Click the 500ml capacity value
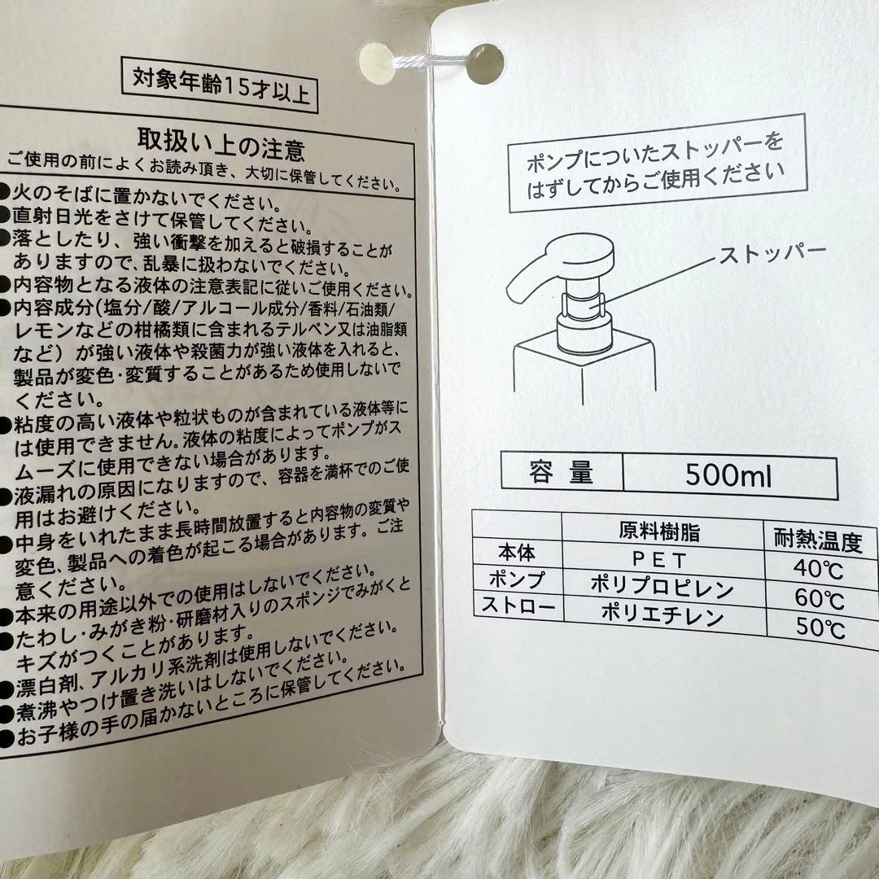pos(728,474)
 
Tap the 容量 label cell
pos(561,471)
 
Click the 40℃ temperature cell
pos(819,568)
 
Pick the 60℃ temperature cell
pos(820,599)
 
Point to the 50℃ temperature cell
pos(820,628)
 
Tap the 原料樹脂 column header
pos(659,531)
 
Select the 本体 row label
pos(516,553)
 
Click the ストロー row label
pos(518,606)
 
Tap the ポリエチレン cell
pos(663,615)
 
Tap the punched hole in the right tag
pos(485,64)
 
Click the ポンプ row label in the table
pos(516,579)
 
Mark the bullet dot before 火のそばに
pos(5,191)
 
